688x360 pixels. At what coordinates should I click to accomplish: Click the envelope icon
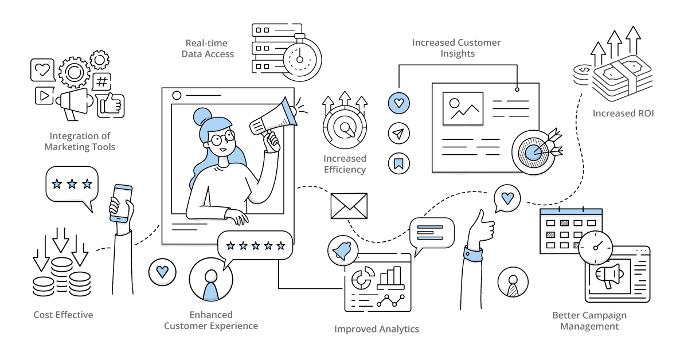(x=349, y=206)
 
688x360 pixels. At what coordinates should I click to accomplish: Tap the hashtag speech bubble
(x=101, y=82)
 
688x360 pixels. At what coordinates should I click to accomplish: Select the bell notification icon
(x=343, y=251)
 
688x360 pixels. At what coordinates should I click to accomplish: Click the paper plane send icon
(x=398, y=134)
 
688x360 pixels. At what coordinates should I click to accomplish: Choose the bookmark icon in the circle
(x=398, y=163)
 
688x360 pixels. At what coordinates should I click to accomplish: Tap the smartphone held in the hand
(x=121, y=204)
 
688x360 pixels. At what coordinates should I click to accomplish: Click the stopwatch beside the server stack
(x=300, y=58)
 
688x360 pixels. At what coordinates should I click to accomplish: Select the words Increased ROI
(x=623, y=114)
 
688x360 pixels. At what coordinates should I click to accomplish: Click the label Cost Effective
(x=63, y=315)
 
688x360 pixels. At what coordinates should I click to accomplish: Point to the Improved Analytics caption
(x=377, y=329)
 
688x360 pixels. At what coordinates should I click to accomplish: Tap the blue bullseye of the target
(x=533, y=152)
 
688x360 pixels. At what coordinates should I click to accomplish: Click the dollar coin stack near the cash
(x=583, y=75)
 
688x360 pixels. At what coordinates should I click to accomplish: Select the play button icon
(x=44, y=96)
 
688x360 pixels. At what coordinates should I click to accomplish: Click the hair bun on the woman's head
(x=202, y=116)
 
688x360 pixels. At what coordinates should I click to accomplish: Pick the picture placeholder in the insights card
(x=463, y=108)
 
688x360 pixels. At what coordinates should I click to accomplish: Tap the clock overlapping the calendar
(x=595, y=248)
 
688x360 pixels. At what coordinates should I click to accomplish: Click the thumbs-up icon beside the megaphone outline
(x=111, y=105)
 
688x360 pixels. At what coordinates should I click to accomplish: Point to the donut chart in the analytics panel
(x=363, y=277)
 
